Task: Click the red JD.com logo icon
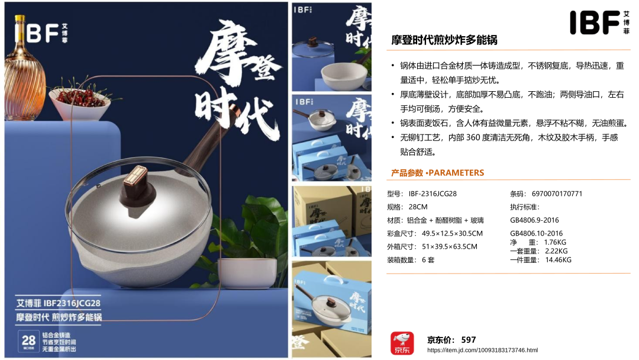coord(402,343)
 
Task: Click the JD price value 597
coord(468,340)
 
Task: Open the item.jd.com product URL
coord(483,350)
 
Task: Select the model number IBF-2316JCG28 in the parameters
coord(433,194)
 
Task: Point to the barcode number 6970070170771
coord(557,194)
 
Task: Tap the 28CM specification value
coord(418,207)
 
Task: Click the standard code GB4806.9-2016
coord(534,220)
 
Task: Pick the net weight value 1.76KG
coord(555,242)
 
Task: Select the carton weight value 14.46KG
coord(559,260)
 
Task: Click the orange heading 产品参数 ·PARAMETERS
coord(437,173)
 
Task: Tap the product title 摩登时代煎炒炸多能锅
coord(444,40)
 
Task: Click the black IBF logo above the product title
coord(599,22)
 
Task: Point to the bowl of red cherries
coord(79,102)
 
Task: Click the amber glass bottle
coord(24,69)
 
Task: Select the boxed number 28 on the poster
coord(28,341)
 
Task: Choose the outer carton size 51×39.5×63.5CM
coord(450,247)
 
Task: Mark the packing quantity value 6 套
coord(428,260)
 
